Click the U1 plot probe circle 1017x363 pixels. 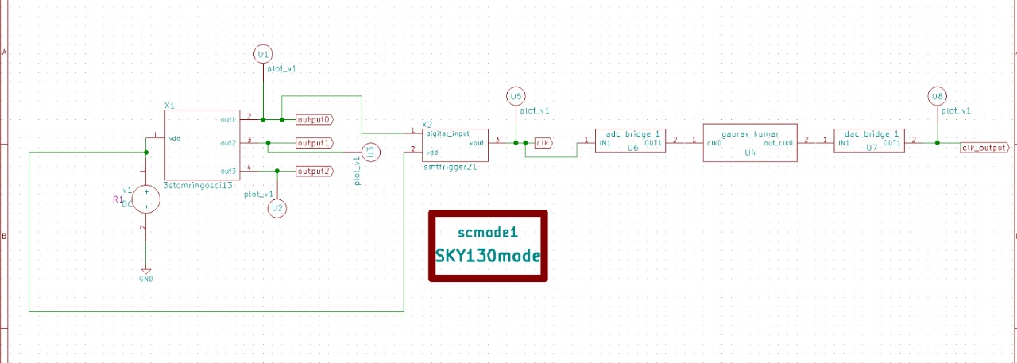(263, 54)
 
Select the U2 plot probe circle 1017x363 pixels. (276, 208)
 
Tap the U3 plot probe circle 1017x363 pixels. (369, 153)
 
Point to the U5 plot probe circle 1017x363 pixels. (516, 97)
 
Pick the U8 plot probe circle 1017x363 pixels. (938, 97)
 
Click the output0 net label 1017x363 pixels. (314, 119)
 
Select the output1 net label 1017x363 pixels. (314, 143)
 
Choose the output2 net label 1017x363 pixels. (314, 171)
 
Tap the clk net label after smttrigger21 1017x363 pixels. (543, 143)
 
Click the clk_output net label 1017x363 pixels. (984, 147)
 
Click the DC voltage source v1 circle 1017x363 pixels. (145, 199)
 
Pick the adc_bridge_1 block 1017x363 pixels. (629, 142)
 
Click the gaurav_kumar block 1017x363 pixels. (749, 143)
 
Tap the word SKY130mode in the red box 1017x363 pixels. (488, 257)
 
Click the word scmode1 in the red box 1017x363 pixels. (488, 233)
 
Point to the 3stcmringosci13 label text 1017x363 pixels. (197, 185)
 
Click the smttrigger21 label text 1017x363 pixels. (450, 167)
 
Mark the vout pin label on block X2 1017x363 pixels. (477, 143)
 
